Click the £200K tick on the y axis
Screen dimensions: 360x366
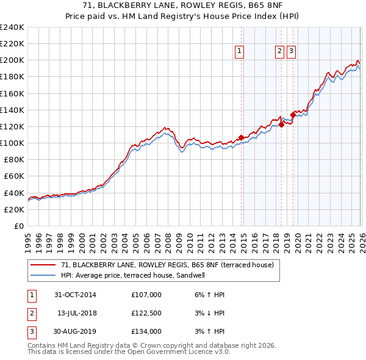pos(12,60)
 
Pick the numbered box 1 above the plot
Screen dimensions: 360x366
pos(239,52)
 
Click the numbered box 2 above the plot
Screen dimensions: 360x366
pos(279,52)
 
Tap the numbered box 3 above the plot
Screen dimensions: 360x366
pos(292,52)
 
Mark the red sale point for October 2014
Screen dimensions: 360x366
pos(241,137)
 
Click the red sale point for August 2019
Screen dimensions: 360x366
pos(293,115)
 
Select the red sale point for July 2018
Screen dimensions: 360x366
pos(281,124)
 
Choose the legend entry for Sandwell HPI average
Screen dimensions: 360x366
pos(132,275)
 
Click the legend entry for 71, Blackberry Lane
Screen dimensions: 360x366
pos(170,265)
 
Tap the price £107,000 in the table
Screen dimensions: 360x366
pos(146,295)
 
